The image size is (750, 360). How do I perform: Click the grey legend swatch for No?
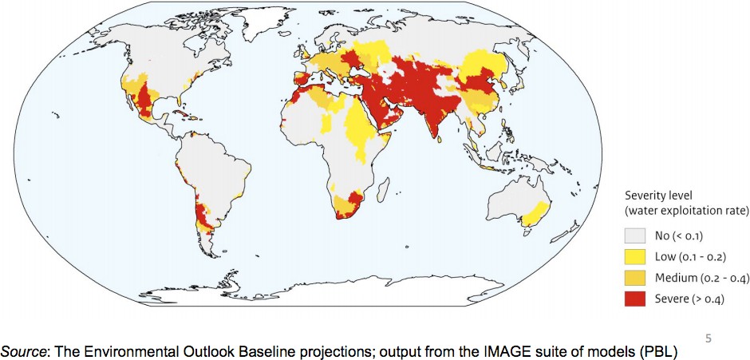click(634, 236)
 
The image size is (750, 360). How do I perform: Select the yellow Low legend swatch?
click(634, 256)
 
